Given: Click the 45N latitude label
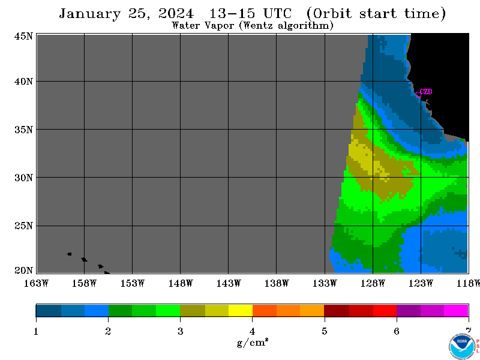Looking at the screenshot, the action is point(23,36).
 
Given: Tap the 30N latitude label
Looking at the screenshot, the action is point(23,178).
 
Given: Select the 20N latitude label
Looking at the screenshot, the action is point(23,271).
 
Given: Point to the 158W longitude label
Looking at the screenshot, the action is point(84,283).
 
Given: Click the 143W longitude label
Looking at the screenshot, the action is point(229,283).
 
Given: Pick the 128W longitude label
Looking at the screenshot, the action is point(373,283).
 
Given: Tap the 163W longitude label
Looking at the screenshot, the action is point(36,283).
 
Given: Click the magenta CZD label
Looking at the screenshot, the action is point(426,92).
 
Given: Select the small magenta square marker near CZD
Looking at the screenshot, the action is point(418,95).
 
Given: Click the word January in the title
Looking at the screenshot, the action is point(89,14).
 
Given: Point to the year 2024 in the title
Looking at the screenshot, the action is point(176,13).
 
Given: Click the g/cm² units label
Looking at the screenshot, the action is point(253,342).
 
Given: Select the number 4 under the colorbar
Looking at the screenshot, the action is point(252,331).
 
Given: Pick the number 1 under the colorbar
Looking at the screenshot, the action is point(36,331).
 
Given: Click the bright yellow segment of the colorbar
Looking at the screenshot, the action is point(241,310).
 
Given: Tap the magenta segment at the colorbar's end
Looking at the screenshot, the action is point(456,310).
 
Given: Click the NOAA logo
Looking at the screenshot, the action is point(461,346).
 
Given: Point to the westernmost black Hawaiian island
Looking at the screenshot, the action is point(69,254).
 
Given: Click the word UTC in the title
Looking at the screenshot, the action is point(277,13).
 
